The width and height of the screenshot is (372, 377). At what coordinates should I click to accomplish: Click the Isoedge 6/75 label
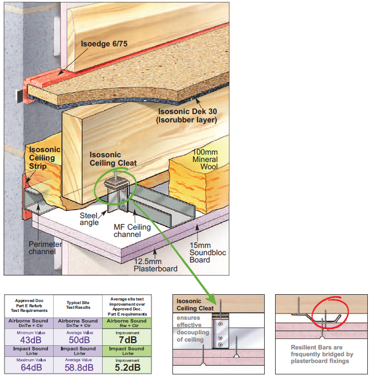coord(105,44)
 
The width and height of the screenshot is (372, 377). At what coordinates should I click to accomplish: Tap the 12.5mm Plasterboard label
coord(154,265)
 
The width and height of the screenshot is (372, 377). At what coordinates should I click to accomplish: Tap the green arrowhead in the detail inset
coord(212,301)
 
